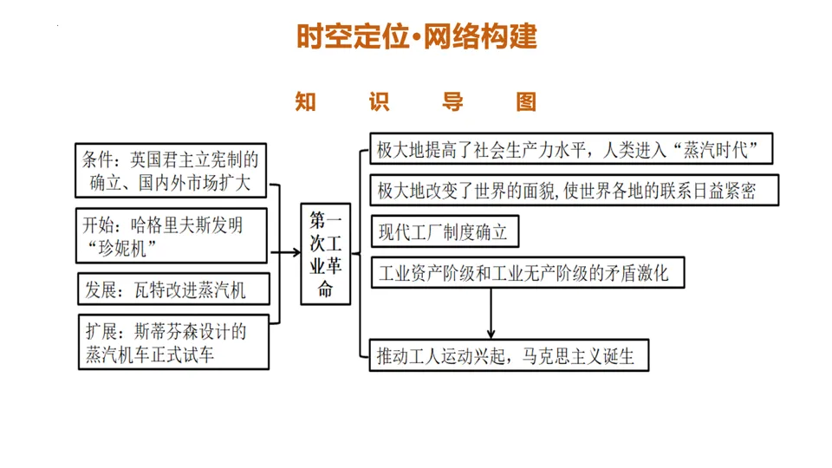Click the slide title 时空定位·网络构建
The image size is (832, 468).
(416, 36)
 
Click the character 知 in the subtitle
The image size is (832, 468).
(305, 102)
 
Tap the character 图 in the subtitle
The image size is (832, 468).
(526, 102)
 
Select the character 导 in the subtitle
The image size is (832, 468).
(452, 102)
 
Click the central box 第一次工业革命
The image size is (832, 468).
(326, 254)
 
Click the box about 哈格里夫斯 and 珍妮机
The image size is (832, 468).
(171, 237)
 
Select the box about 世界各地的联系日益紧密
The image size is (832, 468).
(574, 191)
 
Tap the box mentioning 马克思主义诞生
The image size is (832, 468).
(509, 355)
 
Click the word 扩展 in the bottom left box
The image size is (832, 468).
(101, 332)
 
